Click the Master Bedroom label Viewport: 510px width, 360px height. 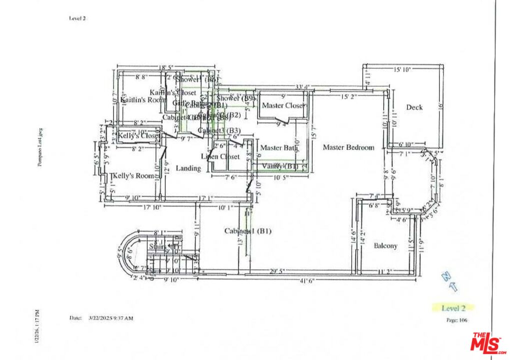click(x=348, y=147)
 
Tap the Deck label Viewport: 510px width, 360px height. click(x=414, y=107)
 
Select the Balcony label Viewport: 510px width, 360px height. click(x=385, y=245)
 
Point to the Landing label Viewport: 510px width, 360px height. click(x=188, y=168)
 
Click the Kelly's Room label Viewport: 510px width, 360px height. click(x=133, y=176)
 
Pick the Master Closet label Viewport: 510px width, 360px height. click(x=282, y=105)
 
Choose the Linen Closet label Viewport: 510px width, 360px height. click(x=220, y=156)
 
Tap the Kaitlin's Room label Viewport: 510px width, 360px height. click(x=142, y=99)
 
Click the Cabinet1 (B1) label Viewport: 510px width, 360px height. click(x=247, y=231)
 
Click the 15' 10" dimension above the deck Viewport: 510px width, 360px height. click(x=401, y=70)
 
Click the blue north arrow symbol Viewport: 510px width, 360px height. click(x=449, y=281)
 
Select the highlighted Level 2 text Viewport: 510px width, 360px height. click(x=453, y=308)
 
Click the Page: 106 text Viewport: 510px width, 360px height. click(x=455, y=320)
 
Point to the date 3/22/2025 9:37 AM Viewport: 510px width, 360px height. click(x=110, y=318)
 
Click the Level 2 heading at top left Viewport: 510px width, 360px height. click(x=77, y=18)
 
